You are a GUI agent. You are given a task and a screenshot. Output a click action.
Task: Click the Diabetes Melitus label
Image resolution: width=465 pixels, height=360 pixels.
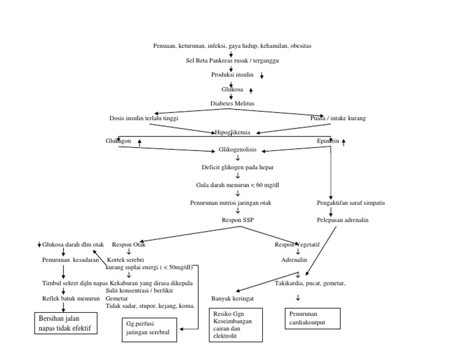[x=232, y=104]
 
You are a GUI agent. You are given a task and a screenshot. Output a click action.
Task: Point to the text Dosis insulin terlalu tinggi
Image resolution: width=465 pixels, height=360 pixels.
[x=144, y=118]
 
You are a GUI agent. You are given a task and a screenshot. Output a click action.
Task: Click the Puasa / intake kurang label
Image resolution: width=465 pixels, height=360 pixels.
[x=338, y=118]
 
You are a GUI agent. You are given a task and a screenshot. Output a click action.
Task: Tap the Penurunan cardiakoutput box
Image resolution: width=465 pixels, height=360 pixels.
[x=312, y=319]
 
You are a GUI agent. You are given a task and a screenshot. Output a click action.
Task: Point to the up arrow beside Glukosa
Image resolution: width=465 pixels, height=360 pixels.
[x=251, y=90]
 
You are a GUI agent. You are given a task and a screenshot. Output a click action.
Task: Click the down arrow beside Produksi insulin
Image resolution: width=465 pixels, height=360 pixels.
[x=262, y=76]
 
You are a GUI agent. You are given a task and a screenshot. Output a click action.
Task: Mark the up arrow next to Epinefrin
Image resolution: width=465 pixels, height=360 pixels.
[x=344, y=142]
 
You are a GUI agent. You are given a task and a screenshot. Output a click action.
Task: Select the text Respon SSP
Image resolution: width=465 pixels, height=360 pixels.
[x=237, y=220]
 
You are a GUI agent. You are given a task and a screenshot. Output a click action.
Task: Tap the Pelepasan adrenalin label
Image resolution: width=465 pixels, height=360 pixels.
[x=342, y=220]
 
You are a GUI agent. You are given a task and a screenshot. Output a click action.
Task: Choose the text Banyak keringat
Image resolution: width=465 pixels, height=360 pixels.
[x=232, y=299]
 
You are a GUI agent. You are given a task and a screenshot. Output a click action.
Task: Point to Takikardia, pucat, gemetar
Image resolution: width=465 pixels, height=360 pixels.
[x=310, y=283]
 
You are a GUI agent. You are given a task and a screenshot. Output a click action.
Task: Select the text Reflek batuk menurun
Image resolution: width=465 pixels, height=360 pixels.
[x=71, y=298]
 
